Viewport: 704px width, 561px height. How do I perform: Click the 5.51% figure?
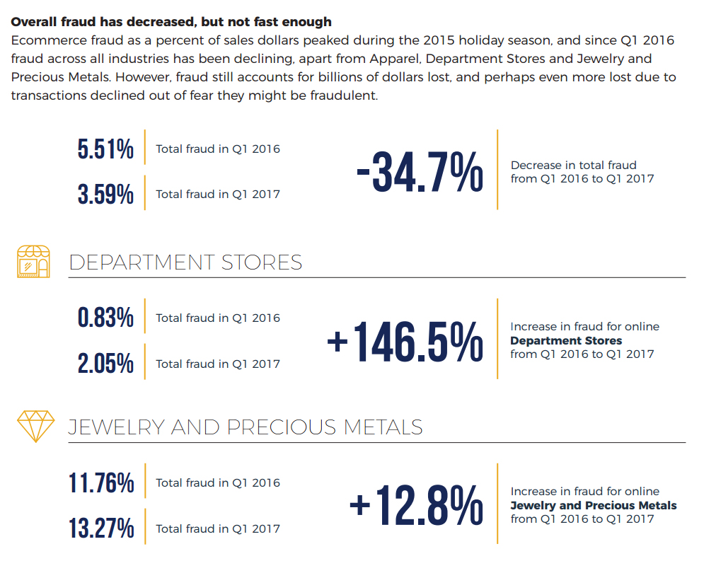point(105,149)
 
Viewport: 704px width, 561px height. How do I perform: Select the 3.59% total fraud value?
point(105,194)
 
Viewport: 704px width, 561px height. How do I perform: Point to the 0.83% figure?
point(105,318)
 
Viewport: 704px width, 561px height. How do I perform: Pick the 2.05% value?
point(105,364)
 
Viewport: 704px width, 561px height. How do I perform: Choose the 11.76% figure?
point(101,483)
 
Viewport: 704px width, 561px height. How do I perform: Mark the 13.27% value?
point(101,528)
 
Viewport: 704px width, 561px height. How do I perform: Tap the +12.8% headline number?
point(416,506)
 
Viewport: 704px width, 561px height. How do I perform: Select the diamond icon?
point(35,426)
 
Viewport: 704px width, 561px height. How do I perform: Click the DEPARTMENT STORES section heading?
point(185,262)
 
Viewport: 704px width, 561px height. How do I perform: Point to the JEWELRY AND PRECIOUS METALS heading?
point(246,427)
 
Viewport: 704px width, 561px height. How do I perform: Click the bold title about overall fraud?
point(171,23)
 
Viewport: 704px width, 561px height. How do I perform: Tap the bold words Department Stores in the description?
point(566,340)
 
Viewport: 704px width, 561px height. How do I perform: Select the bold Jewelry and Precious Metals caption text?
point(593,505)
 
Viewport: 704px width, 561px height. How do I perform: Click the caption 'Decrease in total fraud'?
point(573,165)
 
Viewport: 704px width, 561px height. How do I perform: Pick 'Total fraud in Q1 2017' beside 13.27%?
point(218,528)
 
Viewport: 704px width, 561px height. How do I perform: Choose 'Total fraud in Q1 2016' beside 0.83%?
point(218,318)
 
